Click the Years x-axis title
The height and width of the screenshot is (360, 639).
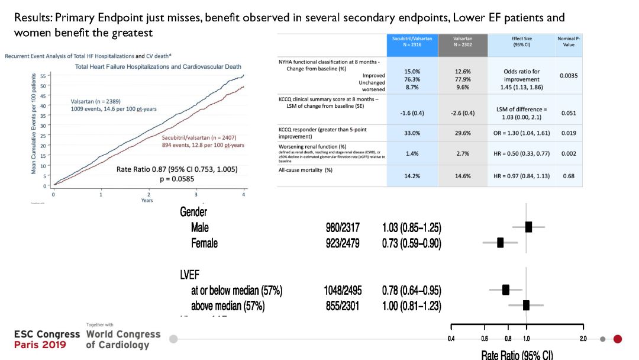tap(147, 200)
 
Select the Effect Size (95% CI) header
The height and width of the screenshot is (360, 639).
tap(521, 41)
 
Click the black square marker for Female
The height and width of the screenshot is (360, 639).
tap(501, 243)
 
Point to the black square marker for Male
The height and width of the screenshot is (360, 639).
tap(528, 227)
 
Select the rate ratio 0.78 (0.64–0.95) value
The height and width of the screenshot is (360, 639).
tap(411, 290)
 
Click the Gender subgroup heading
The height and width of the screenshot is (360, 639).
tap(193, 212)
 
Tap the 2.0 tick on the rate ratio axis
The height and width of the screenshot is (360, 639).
tap(583, 339)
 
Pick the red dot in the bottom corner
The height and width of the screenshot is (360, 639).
tap(618, 339)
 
